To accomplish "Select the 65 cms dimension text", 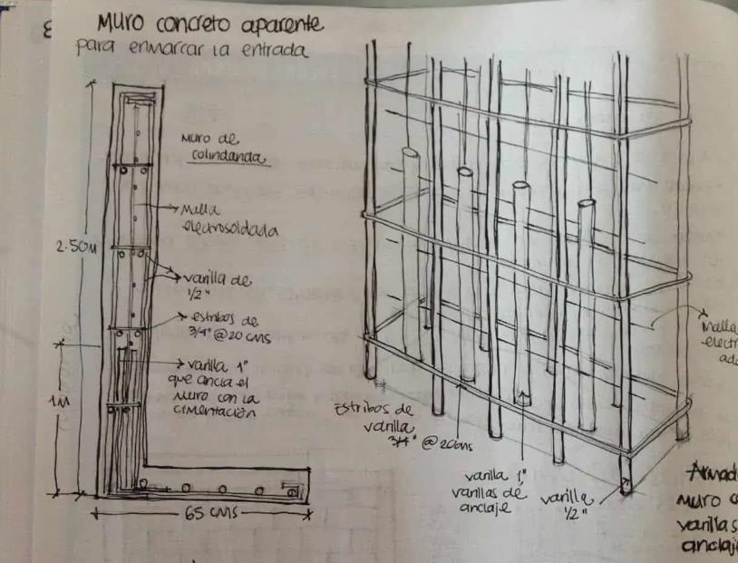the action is point(209,513).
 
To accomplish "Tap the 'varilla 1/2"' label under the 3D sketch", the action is point(568,509).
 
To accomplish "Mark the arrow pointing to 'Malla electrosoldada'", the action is point(168,209).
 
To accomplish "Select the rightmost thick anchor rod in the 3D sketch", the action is point(586,299).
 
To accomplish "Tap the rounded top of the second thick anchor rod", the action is point(465,170).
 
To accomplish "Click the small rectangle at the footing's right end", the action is point(292,489).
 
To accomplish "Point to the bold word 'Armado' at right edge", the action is point(711,473).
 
